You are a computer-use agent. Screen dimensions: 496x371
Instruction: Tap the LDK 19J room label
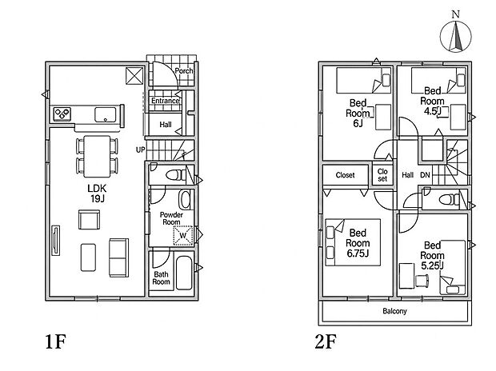click(97, 193)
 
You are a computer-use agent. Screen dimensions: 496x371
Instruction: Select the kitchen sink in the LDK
click(106, 114)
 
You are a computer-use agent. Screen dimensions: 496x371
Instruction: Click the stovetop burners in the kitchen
click(62, 114)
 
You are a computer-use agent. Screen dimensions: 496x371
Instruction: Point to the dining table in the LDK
click(97, 156)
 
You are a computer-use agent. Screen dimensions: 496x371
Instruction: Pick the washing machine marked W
click(183, 235)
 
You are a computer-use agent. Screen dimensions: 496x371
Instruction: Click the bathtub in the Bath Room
click(184, 273)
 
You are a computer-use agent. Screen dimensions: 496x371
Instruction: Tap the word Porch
click(184, 71)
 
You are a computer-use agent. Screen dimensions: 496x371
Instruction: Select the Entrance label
click(165, 101)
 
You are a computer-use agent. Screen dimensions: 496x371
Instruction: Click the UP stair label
click(141, 150)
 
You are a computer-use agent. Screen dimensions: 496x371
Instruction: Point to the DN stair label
click(425, 174)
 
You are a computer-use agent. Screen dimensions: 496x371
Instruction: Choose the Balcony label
click(394, 311)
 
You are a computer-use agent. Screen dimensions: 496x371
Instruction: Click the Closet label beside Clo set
click(345, 175)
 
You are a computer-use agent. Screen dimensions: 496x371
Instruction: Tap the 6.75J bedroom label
click(358, 243)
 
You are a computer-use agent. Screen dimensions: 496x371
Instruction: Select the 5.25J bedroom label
click(432, 255)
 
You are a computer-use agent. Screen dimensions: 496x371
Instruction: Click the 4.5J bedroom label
click(432, 102)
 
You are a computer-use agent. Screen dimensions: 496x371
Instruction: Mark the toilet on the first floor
click(176, 174)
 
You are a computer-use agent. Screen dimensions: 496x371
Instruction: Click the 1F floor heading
click(56, 341)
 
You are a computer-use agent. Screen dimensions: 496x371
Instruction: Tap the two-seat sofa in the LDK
click(119, 257)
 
